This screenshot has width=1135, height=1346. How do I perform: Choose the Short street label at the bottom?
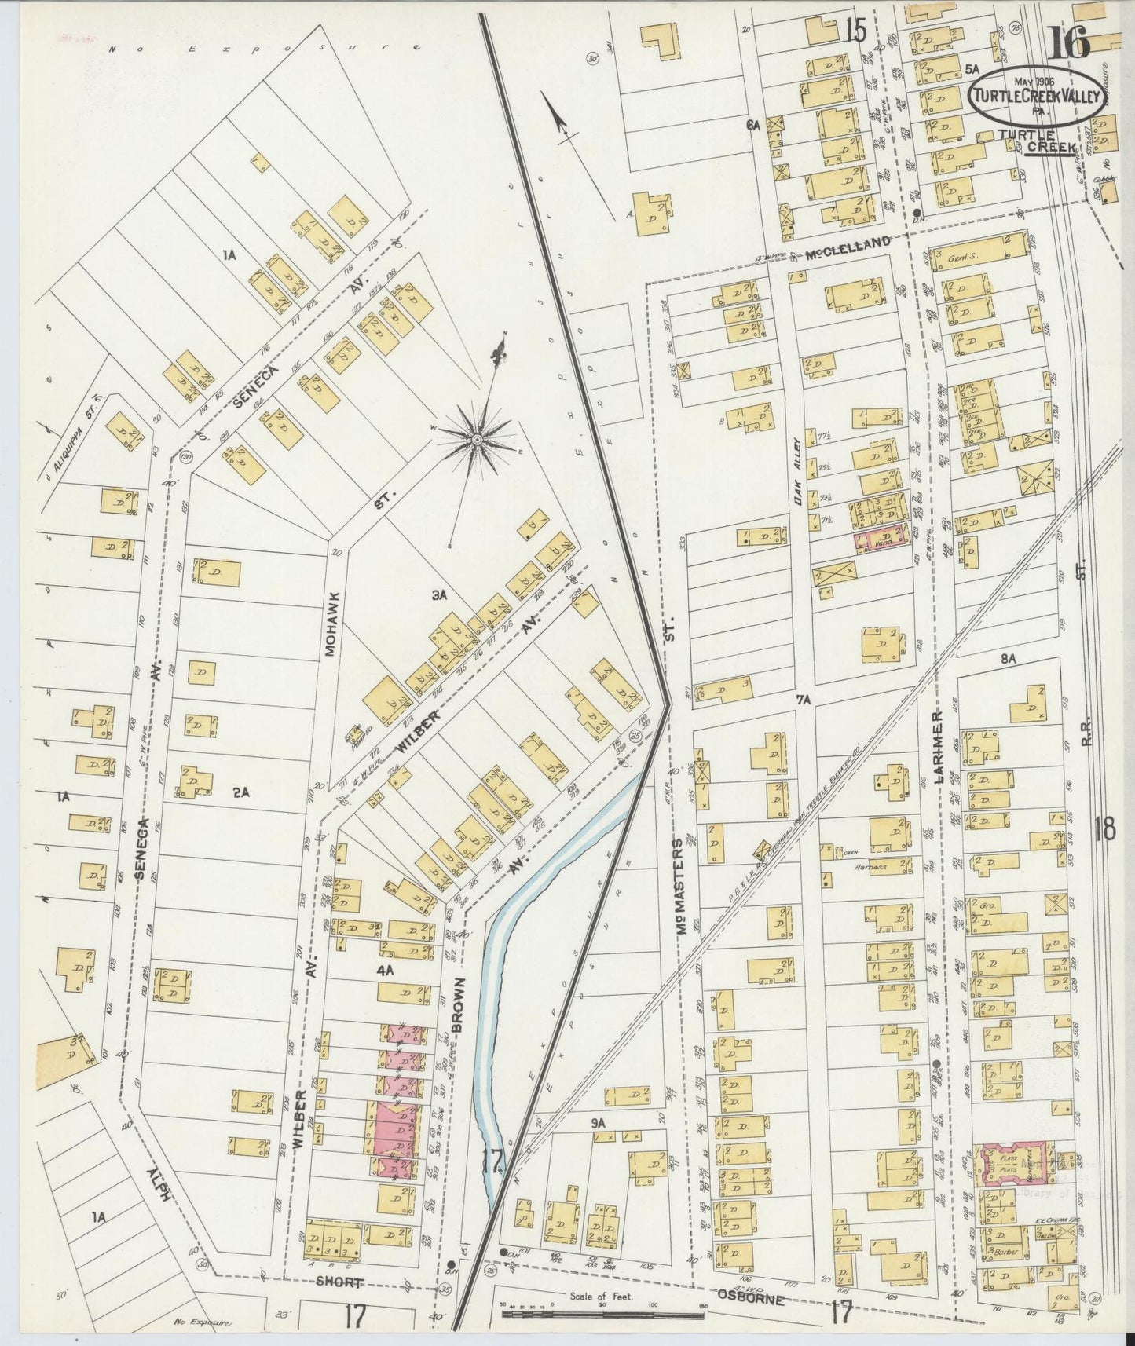coord(339,1282)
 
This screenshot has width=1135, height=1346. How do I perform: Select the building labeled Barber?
coord(1005,1252)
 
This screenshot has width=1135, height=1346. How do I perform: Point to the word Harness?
coord(872,867)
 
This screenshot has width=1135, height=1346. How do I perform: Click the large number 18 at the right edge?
coord(1104,829)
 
